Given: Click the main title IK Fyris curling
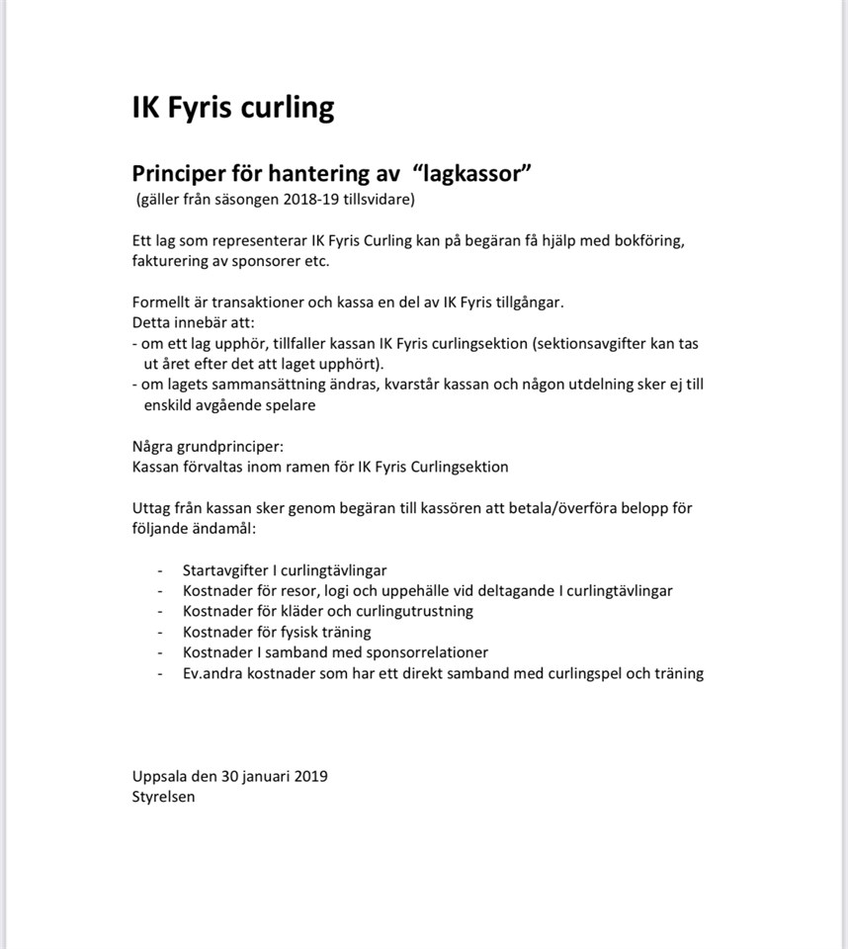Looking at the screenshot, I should point(233,107).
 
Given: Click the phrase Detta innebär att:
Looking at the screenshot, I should point(194,322).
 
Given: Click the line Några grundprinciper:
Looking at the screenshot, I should point(208,446).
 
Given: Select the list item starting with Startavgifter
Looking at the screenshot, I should point(285,570).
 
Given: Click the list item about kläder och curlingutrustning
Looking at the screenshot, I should point(328,611).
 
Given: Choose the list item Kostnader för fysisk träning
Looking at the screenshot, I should point(277,632).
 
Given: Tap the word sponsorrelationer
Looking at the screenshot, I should point(421,652).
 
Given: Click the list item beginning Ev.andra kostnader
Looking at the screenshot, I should point(443,673).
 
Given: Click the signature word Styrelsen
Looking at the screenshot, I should point(163,797).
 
